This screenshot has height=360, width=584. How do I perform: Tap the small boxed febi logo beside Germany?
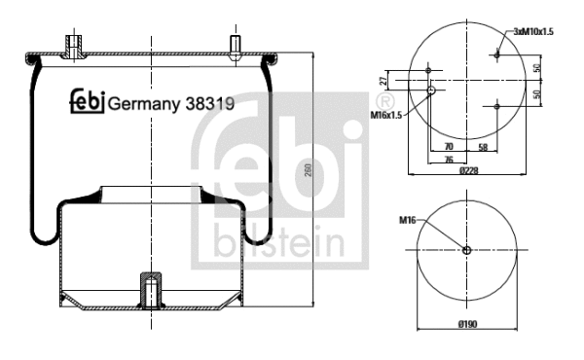(x=86, y=102)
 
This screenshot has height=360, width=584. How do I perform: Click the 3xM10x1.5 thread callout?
(x=532, y=32)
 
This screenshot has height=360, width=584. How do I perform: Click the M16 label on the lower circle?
(x=408, y=221)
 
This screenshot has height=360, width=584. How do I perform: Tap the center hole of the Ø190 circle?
(x=467, y=250)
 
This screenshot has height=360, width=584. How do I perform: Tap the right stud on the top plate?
(x=234, y=48)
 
